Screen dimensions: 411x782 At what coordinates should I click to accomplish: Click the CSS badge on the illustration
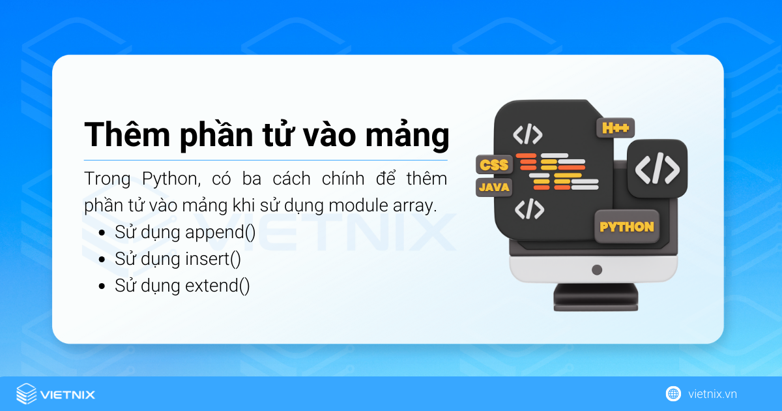[x=493, y=164]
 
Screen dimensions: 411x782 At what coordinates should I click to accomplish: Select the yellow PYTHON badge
[x=626, y=227]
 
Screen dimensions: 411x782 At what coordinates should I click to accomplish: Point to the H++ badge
[x=615, y=128]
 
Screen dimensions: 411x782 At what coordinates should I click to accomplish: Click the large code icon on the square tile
[x=657, y=168]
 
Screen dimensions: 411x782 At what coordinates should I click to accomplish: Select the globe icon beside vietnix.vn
[x=673, y=393]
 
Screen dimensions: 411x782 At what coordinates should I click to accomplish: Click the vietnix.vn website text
[x=712, y=394]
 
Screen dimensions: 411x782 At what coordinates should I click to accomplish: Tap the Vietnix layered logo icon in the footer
[x=27, y=393]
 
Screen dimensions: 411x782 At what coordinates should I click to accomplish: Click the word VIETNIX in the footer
[x=68, y=394]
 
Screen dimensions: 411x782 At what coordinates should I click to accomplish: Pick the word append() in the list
[x=220, y=233]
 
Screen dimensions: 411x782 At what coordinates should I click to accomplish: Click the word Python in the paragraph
[x=153, y=179]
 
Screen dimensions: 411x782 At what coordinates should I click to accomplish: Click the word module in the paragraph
[x=355, y=205]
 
